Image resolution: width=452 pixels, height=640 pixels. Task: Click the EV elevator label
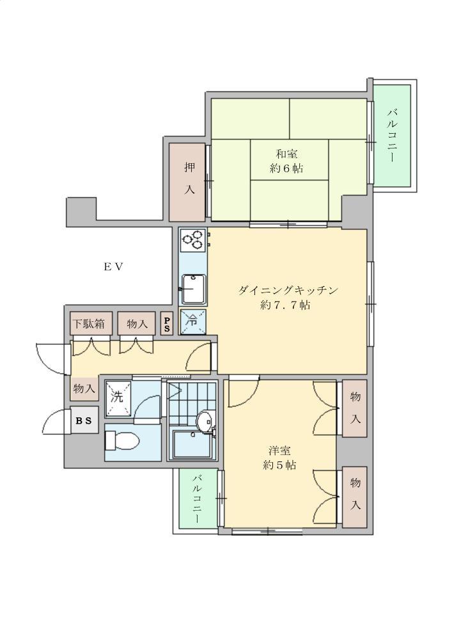[113, 268]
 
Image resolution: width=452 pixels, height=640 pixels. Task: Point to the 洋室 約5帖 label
[279, 458]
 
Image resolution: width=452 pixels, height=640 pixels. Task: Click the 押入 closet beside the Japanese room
[187, 182]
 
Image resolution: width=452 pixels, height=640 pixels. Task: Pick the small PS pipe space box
[167, 324]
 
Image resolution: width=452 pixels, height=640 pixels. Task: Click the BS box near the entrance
[84, 420]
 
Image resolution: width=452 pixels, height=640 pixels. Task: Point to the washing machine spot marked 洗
[118, 396]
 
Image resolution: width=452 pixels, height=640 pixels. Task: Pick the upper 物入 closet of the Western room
[355, 408]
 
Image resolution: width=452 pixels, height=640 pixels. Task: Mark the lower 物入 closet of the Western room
[355, 496]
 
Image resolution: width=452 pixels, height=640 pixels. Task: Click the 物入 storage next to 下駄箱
[137, 324]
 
